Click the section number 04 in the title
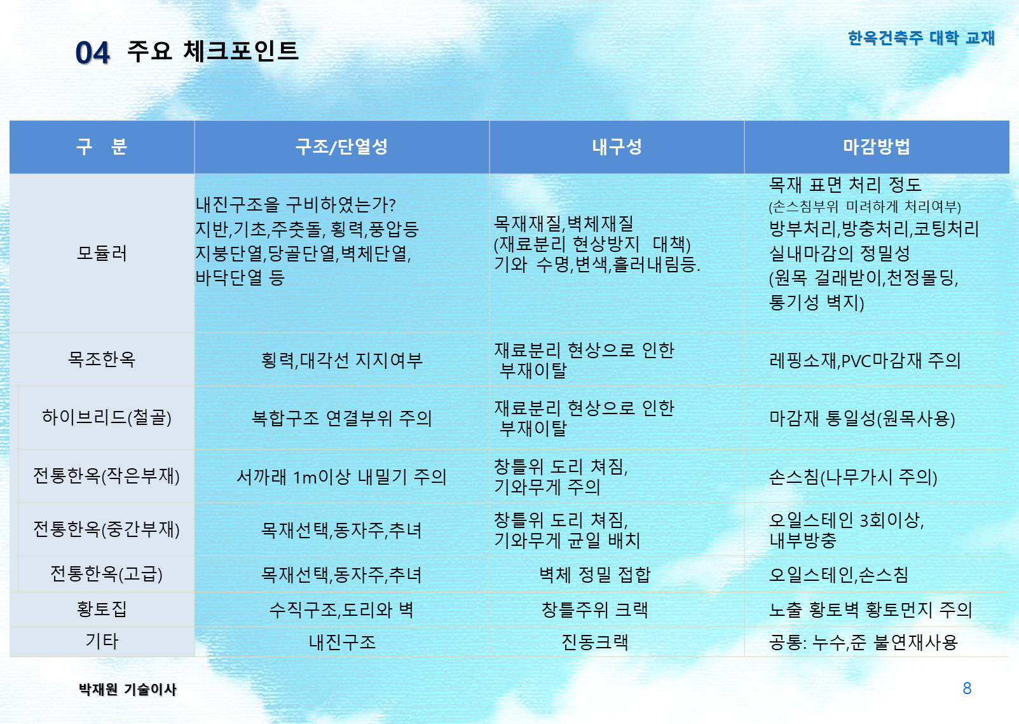click(x=92, y=52)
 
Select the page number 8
click(x=967, y=688)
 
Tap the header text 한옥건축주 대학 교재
click(x=921, y=38)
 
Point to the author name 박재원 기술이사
click(x=127, y=690)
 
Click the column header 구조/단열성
click(x=341, y=146)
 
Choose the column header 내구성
click(x=617, y=146)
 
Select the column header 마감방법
click(x=877, y=146)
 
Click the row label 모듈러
click(x=102, y=253)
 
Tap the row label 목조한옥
click(x=102, y=359)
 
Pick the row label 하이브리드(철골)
click(x=106, y=417)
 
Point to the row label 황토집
click(x=102, y=609)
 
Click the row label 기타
click(x=102, y=641)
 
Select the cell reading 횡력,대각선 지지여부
click(x=341, y=360)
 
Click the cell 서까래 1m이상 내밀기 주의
click(x=341, y=477)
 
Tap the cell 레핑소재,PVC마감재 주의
click(x=865, y=360)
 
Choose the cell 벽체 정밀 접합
click(x=594, y=574)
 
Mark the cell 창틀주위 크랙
click(x=594, y=609)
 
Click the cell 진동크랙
click(x=594, y=642)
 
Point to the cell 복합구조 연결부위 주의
click(x=341, y=418)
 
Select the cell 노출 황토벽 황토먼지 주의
click(x=870, y=609)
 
